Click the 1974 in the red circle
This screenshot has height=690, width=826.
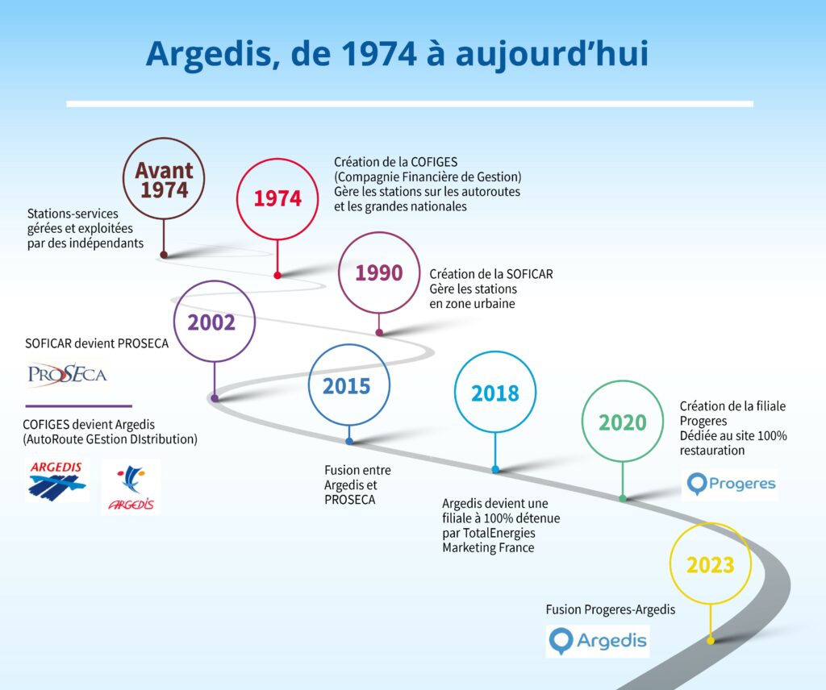pyautogui.click(x=277, y=198)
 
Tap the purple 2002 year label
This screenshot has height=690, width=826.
pyautogui.click(x=211, y=322)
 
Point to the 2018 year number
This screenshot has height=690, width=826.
pyautogui.click(x=495, y=393)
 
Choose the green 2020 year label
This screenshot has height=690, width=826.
pyautogui.click(x=622, y=422)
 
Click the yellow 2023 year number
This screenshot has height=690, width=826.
pyautogui.click(x=710, y=565)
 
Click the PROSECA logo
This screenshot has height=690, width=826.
pyautogui.click(x=67, y=374)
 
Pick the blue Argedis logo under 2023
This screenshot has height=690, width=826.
pyautogui.click(x=598, y=641)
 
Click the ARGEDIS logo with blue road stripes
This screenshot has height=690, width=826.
pyautogui.click(x=57, y=480)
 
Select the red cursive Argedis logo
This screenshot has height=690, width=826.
pyautogui.click(x=131, y=487)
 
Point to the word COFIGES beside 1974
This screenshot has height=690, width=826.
pyautogui.click(x=434, y=162)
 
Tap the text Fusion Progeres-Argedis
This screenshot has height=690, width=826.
pyautogui.click(x=611, y=609)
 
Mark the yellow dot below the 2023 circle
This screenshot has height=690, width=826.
pyautogui.click(x=711, y=641)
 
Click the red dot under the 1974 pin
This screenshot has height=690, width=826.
pyautogui.click(x=277, y=275)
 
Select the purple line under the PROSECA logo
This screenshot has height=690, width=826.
pyautogui.click(x=78, y=405)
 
